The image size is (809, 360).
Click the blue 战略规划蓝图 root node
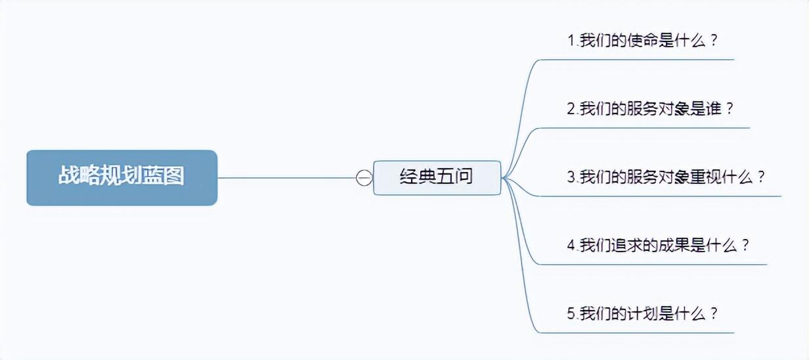tap(121, 177)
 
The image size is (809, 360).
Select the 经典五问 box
tap(437, 177)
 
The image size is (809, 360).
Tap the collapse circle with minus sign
tap(364, 177)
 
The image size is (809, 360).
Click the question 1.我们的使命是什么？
tap(642, 40)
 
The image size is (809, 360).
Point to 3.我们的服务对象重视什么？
tap(666, 177)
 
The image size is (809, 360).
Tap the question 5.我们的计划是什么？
tap(642, 313)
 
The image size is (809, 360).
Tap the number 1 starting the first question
tap(571, 40)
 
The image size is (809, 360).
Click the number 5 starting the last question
tap(571, 313)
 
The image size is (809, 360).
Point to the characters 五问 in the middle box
tap(455, 177)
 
